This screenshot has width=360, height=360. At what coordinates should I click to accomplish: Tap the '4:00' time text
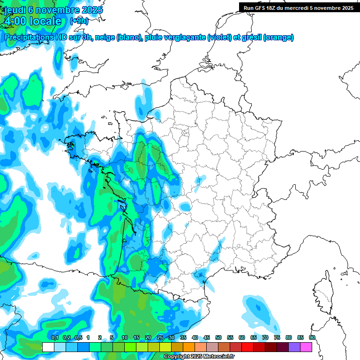point(15,21)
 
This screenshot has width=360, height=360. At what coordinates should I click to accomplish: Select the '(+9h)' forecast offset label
point(79,21)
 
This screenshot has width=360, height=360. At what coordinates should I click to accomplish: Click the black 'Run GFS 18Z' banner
point(298,7)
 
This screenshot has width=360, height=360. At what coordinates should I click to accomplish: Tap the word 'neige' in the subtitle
point(105,37)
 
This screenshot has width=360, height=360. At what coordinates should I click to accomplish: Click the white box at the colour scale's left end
point(48,347)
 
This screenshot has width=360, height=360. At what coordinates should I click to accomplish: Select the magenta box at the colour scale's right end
point(306,347)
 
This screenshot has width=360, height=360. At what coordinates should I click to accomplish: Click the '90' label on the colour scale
point(312,337)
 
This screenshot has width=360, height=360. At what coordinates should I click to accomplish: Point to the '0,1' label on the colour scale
point(54,337)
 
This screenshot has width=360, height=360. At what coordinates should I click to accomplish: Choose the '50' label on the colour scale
point(218,337)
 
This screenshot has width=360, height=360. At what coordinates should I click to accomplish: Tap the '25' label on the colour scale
point(159,337)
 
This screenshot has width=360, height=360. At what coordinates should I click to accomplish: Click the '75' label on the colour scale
point(277,337)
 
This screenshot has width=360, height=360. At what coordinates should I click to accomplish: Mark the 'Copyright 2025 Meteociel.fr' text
point(199,356)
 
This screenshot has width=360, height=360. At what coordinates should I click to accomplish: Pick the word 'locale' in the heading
point(45,21)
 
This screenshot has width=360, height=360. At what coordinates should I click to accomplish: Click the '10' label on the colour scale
point(124,337)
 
